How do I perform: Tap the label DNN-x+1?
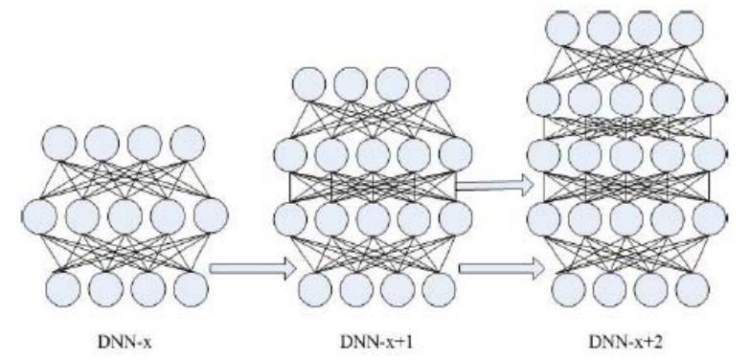[x=376, y=340]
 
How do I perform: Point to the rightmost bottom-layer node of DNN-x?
[x=189, y=285]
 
